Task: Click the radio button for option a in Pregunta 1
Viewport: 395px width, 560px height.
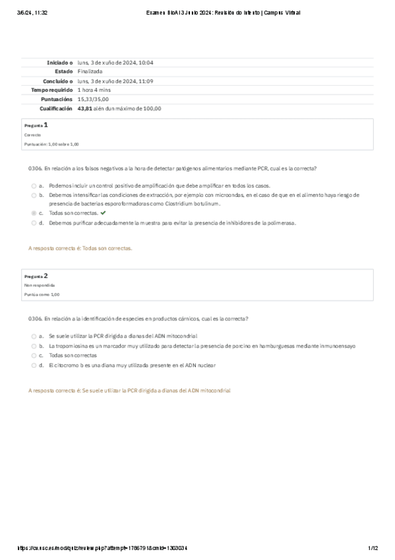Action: coord(34,186)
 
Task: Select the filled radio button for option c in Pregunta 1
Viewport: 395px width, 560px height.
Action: coord(34,213)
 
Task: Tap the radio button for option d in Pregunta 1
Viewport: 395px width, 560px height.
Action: coord(34,223)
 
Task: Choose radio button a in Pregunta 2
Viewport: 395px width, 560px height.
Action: coord(34,336)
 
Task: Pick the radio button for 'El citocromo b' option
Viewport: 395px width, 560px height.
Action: coord(34,365)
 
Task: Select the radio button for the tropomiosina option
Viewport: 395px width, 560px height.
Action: coord(34,345)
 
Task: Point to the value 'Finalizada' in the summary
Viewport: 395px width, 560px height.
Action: coord(90,71)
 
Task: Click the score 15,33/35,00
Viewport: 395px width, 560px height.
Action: coord(94,99)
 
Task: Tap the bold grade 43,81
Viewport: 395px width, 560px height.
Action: coord(84,108)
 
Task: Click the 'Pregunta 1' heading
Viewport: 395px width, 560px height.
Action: coord(36,125)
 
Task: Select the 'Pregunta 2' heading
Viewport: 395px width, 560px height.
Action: coord(36,275)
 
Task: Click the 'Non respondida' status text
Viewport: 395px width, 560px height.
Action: coord(36,285)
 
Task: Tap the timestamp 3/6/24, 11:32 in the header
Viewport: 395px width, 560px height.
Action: coord(30,13)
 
